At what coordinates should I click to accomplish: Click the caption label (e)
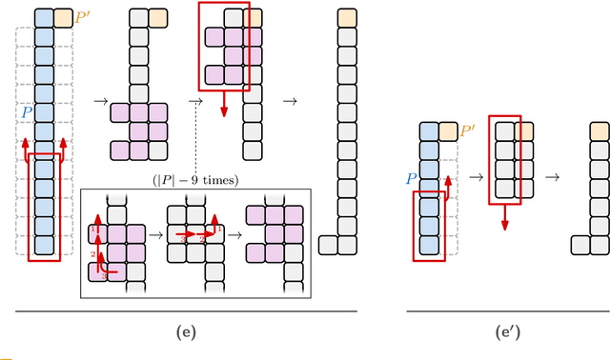point(187,332)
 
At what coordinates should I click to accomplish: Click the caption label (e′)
point(507,332)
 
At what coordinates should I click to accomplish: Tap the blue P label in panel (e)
point(27,112)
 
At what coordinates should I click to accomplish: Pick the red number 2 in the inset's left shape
point(92,254)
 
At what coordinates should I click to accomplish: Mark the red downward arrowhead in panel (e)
point(224,112)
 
